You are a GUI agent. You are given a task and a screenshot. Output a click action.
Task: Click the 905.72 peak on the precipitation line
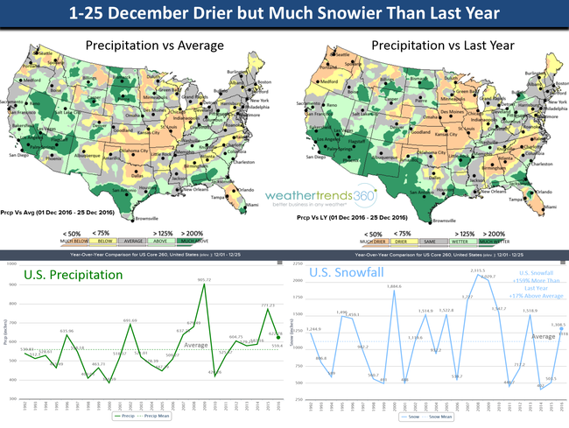pos(204,284)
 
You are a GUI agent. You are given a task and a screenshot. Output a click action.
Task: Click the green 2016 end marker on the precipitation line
pos(277,338)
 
